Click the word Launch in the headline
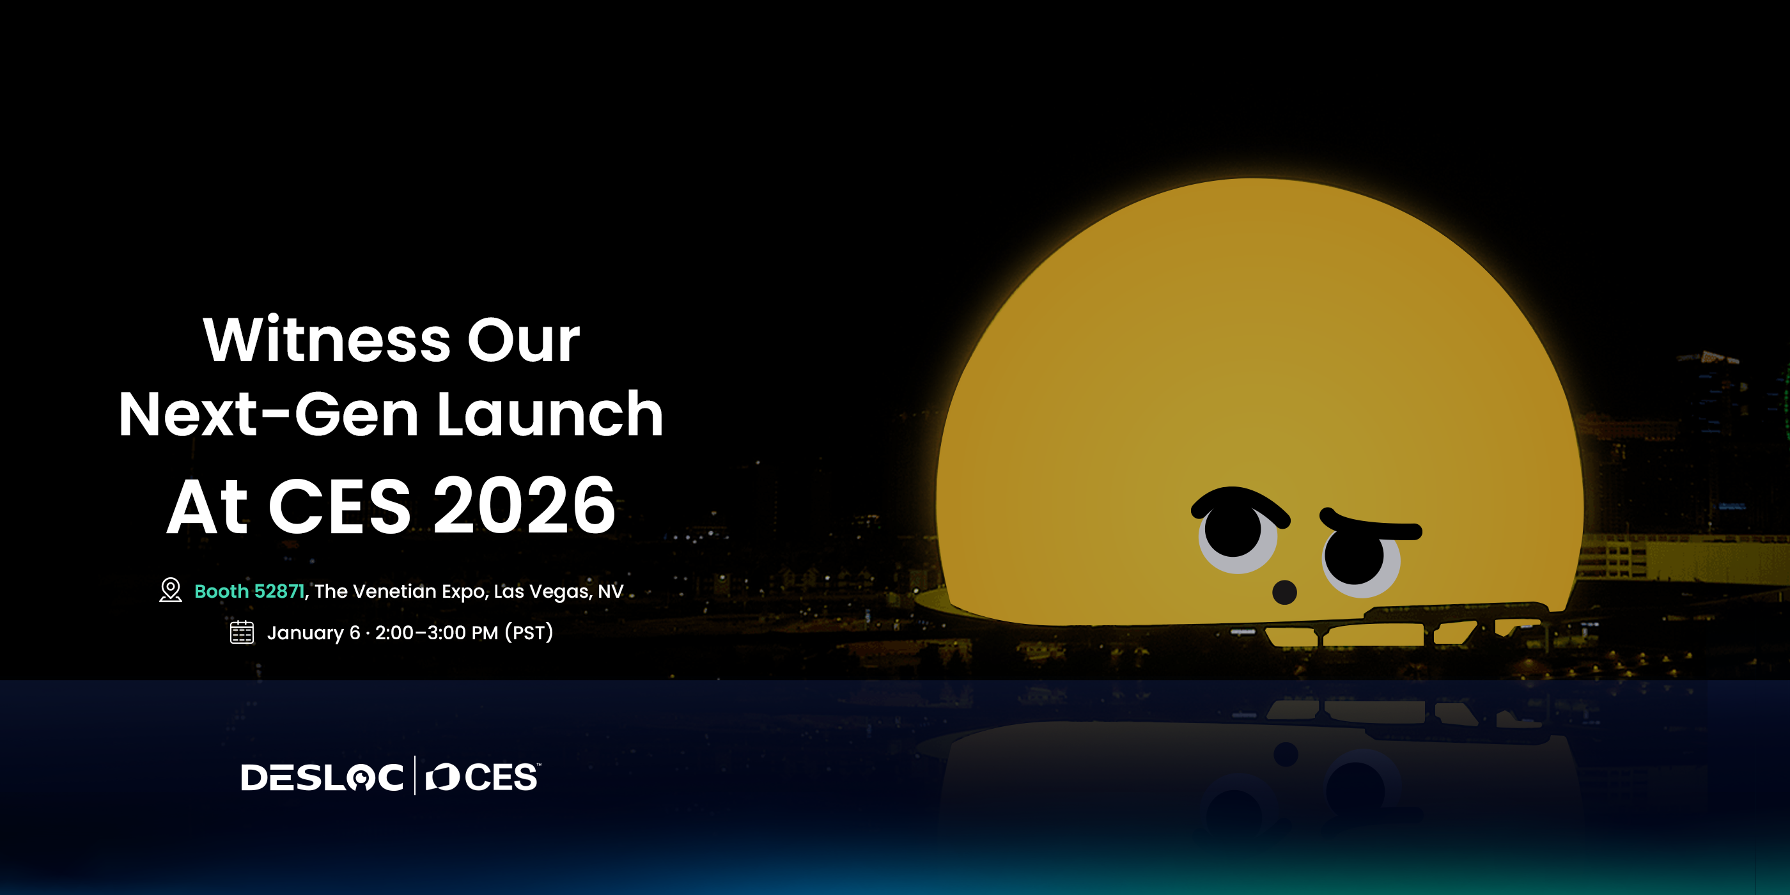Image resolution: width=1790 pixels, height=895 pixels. coord(550,414)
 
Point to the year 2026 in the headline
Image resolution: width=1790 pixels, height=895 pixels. coord(525,505)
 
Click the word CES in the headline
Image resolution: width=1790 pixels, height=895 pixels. coord(341,506)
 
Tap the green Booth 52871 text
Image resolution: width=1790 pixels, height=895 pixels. coord(249,591)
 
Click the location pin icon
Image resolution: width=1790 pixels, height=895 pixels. coord(170,590)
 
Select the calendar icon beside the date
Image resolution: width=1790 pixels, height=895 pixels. coord(242,632)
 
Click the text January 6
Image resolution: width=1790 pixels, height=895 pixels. coord(314,633)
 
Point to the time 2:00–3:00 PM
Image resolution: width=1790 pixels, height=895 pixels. coord(437,633)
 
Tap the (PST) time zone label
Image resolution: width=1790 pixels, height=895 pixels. coord(529,633)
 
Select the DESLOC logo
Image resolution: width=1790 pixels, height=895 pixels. coord(322,777)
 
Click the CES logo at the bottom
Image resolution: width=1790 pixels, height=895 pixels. coord(483,777)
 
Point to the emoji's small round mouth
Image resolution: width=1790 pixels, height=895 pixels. coord(1284,593)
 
